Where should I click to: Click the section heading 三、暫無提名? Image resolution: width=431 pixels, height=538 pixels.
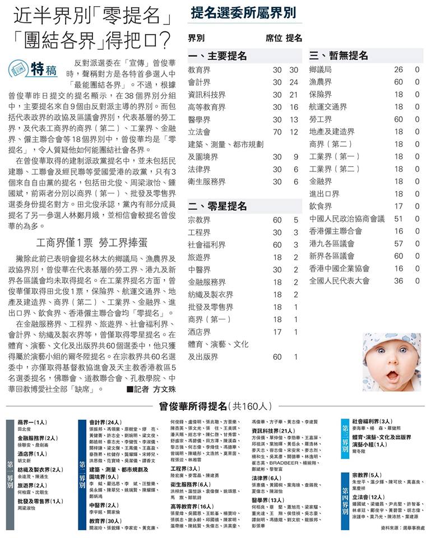(x=339, y=56)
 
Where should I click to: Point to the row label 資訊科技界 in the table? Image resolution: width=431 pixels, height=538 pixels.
(x=207, y=95)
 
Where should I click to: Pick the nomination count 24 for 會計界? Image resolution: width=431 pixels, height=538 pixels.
(x=294, y=82)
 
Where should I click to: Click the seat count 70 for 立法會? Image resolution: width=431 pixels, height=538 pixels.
(x=277, y=132)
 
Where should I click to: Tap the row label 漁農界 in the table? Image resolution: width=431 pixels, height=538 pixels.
(x=320, y=82)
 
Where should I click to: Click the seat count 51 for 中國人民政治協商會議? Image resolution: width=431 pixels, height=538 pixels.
(x=398, y=219)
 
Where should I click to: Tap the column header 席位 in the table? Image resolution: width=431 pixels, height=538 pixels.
(x=274, y=39)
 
